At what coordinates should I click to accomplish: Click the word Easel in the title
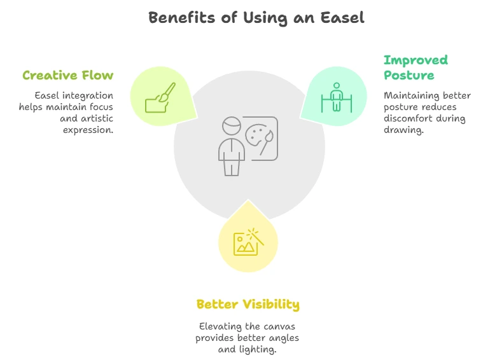point(342,18)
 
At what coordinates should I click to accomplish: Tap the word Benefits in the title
point(181,18)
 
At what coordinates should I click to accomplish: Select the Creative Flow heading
point(68,76)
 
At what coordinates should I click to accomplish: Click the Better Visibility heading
point(248,305)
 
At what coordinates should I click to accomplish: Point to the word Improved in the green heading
point(416,60)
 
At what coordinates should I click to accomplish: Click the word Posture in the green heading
point(409,76)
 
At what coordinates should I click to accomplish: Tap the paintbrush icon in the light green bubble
point(160,97)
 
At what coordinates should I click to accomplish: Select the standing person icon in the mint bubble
point(337,97)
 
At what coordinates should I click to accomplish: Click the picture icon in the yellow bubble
point(249,242)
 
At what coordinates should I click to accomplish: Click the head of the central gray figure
point(232,126)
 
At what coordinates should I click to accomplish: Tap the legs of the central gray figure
point(232,167)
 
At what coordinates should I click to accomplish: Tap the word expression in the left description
point(88,130)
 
